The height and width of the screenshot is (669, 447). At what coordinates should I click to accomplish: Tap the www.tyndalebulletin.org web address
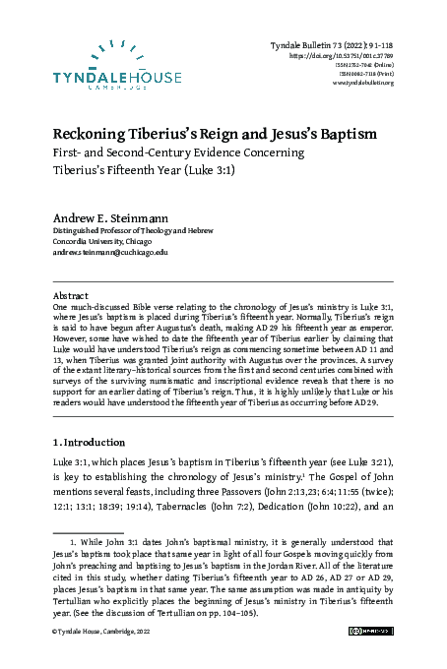pyautogui.click(x=363, y=82)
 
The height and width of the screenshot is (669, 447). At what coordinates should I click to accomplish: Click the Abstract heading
pyautogui.click(x=72, y=293)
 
